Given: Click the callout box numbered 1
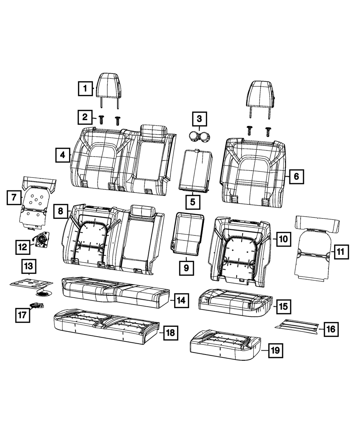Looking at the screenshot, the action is tap(85, 89).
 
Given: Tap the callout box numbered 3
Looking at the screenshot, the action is tap(199, 119).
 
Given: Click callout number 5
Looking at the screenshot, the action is tap(193, 202).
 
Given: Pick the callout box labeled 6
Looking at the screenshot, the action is tap(297, 177).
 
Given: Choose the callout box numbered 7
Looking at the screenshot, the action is tap(14, 197).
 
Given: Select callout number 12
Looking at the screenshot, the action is tap(23, 247).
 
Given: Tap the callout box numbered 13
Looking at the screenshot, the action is tap(29, 266).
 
